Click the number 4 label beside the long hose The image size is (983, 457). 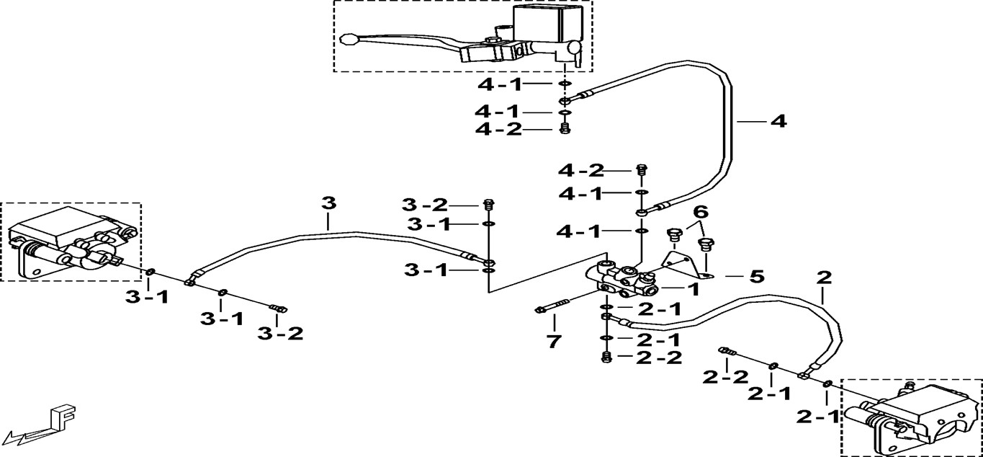778,122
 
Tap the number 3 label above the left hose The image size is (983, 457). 328,203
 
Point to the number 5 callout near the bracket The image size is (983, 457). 757,276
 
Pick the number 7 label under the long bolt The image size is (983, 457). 552,341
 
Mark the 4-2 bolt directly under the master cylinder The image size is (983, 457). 565,128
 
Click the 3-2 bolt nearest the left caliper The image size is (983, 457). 278,309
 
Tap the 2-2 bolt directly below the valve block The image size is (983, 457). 606,357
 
